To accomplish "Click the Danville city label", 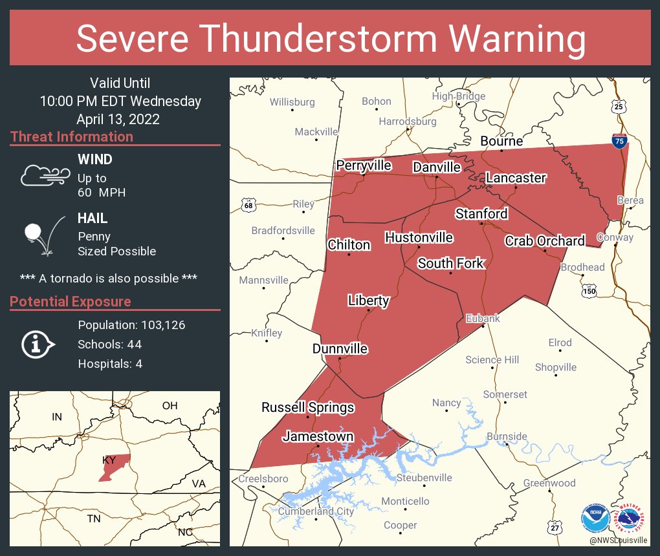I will pos(437,167).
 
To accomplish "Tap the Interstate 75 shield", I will pos(619,140).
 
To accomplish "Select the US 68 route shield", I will pos(248,206).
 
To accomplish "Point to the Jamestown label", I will pos(318,436).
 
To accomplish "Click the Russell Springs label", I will pos(307,407).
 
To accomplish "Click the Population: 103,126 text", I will pos(131,325).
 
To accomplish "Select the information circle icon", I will pos(38,344).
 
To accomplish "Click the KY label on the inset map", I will pos(109,460).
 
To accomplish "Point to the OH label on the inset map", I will pos(170,405).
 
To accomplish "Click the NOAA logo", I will pos(594,517).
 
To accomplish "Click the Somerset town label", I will pos(505,394).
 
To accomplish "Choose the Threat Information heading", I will pos(72,137).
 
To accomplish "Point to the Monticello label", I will pos(405,501).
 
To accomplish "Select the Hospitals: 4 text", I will pos(110,364).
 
